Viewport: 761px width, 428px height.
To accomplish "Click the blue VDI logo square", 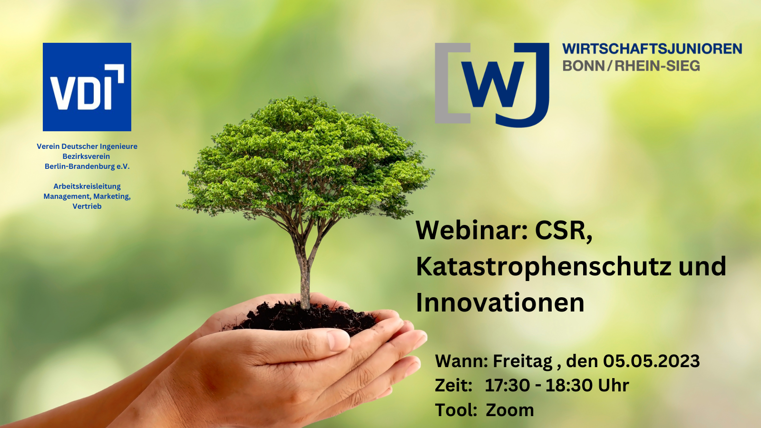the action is pyautogui.click(x=87, y=87).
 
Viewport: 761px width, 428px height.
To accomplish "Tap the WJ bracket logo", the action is pyautogui.click(x=492, y=85).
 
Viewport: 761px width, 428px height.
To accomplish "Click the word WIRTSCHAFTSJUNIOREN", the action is pyautogui.click(x=652, y=49).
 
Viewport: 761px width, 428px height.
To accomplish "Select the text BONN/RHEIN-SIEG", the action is pyautogui.click(x=631, y=66).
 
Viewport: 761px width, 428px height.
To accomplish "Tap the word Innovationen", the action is pyautogui.click(x=500, y=302).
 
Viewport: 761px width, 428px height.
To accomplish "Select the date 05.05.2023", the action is pyautogui.click(x=651, y=361).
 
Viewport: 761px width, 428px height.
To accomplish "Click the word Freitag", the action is pyautogui.click(x=523, y=361).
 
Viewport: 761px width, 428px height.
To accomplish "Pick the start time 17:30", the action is pyautogui.click(x=507, y=386).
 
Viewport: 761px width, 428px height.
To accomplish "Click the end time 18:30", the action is pyautogui.click(x=568, y=386).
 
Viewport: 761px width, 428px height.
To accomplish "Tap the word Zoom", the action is pyautogui.click(x=509, y=410).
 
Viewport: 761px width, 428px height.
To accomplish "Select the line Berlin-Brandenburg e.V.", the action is pyautogui.click(x=87, y=166).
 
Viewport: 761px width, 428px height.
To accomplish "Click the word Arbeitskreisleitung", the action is pyautogui.click(x=87, y=186).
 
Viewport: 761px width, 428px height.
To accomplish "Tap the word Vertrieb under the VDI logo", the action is pyautogui.click(x=87, y=206).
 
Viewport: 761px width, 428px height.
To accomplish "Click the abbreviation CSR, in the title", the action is pyautogui.click(x=564, y=232).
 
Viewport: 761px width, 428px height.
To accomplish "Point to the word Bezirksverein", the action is pyautogui.click(x=86, y=156).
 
